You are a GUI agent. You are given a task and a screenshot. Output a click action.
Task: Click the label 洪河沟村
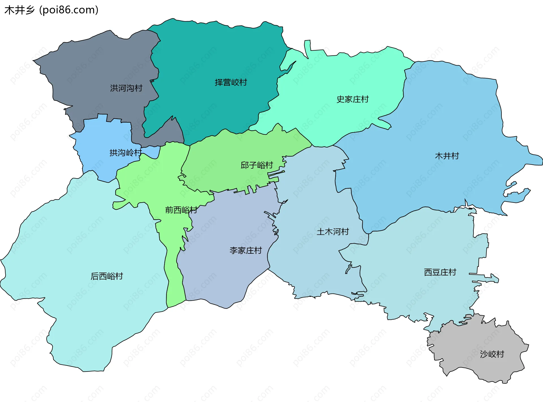click(x=126, y=88)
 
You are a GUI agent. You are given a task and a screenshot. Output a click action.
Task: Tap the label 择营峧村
click(x=231, y=82)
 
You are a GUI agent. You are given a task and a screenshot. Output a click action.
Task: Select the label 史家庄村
click(x=352, y=99)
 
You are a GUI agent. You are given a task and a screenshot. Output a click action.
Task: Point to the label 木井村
click(x=447, y=156)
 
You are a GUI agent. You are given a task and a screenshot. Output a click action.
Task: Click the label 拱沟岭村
click(x=126, y=153)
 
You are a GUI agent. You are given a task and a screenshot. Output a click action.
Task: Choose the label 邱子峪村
click(x=257, y=165)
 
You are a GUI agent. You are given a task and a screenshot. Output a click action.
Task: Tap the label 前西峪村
click(x=181, y=210)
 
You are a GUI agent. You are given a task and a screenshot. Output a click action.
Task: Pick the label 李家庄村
click(x=245, y=251)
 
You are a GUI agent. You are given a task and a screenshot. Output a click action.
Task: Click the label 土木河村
click(x=333, y=232)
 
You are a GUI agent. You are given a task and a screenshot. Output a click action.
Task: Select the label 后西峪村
click(x=107, y=276)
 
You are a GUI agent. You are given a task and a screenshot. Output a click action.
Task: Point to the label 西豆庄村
click(x=440, y=272)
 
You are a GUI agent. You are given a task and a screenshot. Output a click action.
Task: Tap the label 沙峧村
click(x=492, y=354)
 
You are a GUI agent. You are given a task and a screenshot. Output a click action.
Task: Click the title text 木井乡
click(x=20, y=10)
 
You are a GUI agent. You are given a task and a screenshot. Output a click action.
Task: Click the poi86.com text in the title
click(x=69, y=10)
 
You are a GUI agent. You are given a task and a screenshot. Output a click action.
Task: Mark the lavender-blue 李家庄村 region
click(x=226, y=277)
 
